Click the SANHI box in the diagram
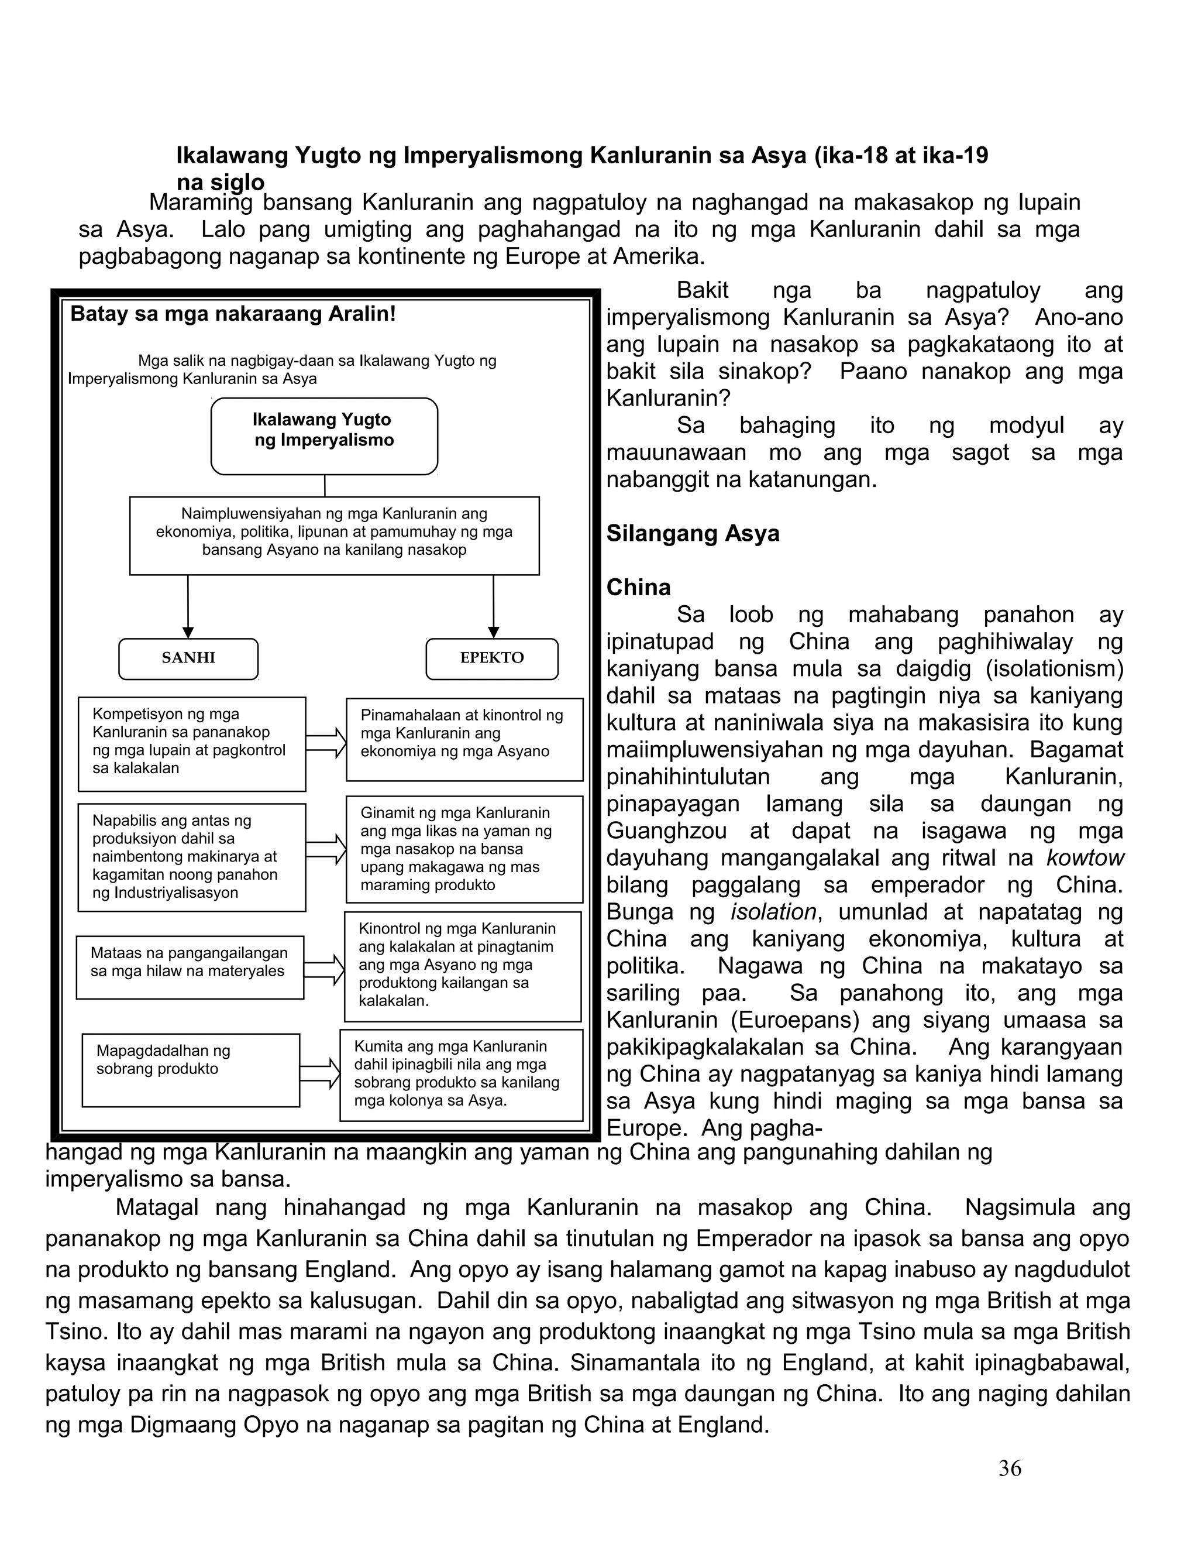point(188,658)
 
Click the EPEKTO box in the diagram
point(492,658)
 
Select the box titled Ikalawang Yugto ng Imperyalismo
point(324,435)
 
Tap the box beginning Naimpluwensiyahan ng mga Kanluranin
point(334,536)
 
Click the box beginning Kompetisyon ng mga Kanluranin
point(192,743)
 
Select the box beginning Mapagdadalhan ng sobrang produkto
point(191,1069)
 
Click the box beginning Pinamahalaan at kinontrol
point(464,739)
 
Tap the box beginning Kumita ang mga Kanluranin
point(462,1075)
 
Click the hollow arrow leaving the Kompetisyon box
point(326,743)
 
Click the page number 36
point(1009,1468)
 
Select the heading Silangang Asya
point(693,533)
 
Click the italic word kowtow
point(1085,858)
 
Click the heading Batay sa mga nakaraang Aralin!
point(233,314)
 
